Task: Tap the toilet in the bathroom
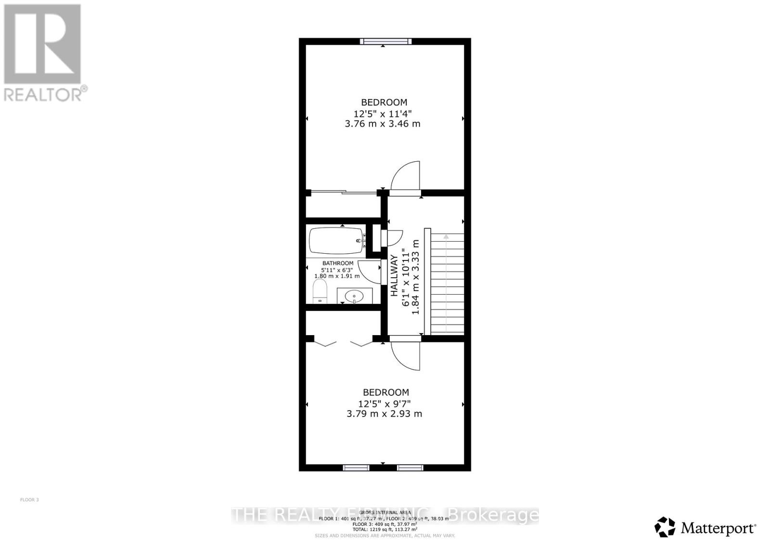click(x=320, y=291)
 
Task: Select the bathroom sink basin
click(x=355, y=295)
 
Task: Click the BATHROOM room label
click(x=338, y=263)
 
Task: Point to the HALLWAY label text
click(x=394, y=275)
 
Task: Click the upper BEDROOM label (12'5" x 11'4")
click(x=384, y=102)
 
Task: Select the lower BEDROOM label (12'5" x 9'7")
click(x=385, y=392)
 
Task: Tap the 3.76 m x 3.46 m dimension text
click(x=383, y=124)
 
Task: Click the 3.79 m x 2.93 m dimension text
click(x=384, y=414)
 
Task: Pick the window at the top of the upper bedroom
click(x=386, y=41)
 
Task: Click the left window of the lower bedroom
click(x=356, y=467)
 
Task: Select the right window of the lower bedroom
click(x=410, y=467)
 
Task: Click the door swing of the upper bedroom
click(x=405, y=176)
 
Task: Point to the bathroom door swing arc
click(x=370, y=272)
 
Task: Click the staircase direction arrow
click(x=446, y=236)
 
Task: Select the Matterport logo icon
click(x=665, y=527)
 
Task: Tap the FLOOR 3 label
click(x=29, y=500)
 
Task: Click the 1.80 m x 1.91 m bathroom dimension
click(x=337, y=276)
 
